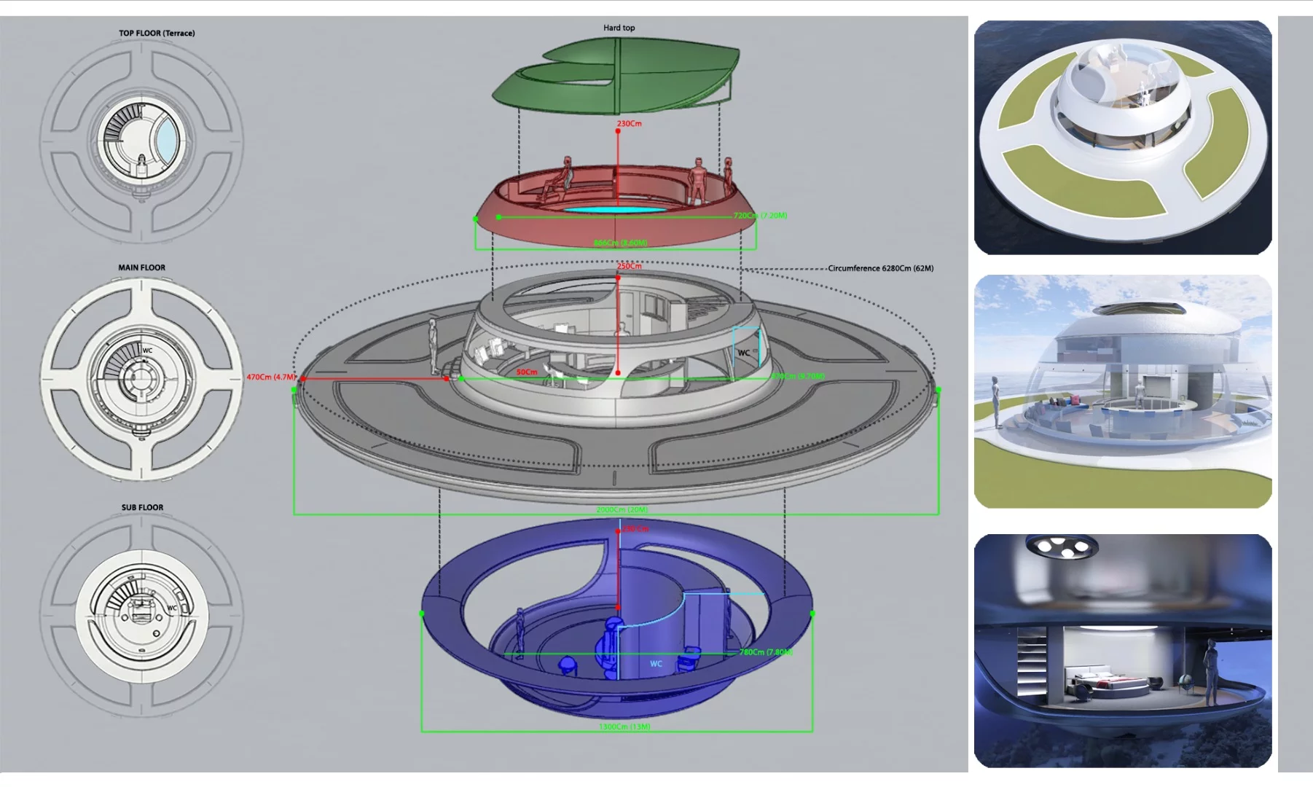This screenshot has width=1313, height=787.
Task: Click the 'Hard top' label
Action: [x=619, y=28]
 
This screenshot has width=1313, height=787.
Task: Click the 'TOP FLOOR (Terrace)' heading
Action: [x=157, y=33]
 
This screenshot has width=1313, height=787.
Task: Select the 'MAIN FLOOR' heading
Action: [x=141, y=267]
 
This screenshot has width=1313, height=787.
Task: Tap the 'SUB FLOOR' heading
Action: [x=142, y=507]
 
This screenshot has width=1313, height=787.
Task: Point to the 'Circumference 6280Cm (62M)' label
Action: [x=880, y=268]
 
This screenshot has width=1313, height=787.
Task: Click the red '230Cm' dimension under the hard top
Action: [x=630, y=124]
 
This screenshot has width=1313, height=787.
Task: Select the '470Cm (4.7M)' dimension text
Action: [x=270, y=377]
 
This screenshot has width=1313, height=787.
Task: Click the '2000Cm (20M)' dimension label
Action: [x=622, y=509]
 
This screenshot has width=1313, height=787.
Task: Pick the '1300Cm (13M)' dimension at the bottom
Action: [x=624, y=727]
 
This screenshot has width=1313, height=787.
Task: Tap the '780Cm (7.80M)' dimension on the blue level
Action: [x=766, y=652]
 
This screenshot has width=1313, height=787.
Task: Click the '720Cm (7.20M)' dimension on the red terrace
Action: [x=760, y=216]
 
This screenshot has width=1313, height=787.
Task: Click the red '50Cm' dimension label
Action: [x=527, y=372]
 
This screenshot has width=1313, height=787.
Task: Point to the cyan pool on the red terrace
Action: [x=616, y=209]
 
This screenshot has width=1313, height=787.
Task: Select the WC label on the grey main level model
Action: [x=743, y=353]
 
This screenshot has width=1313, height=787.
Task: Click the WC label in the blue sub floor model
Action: [x=656, y=664]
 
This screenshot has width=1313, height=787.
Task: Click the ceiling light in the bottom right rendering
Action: [x=1061, y=546]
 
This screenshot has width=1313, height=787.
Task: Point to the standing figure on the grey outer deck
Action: [x=433, y=346]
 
